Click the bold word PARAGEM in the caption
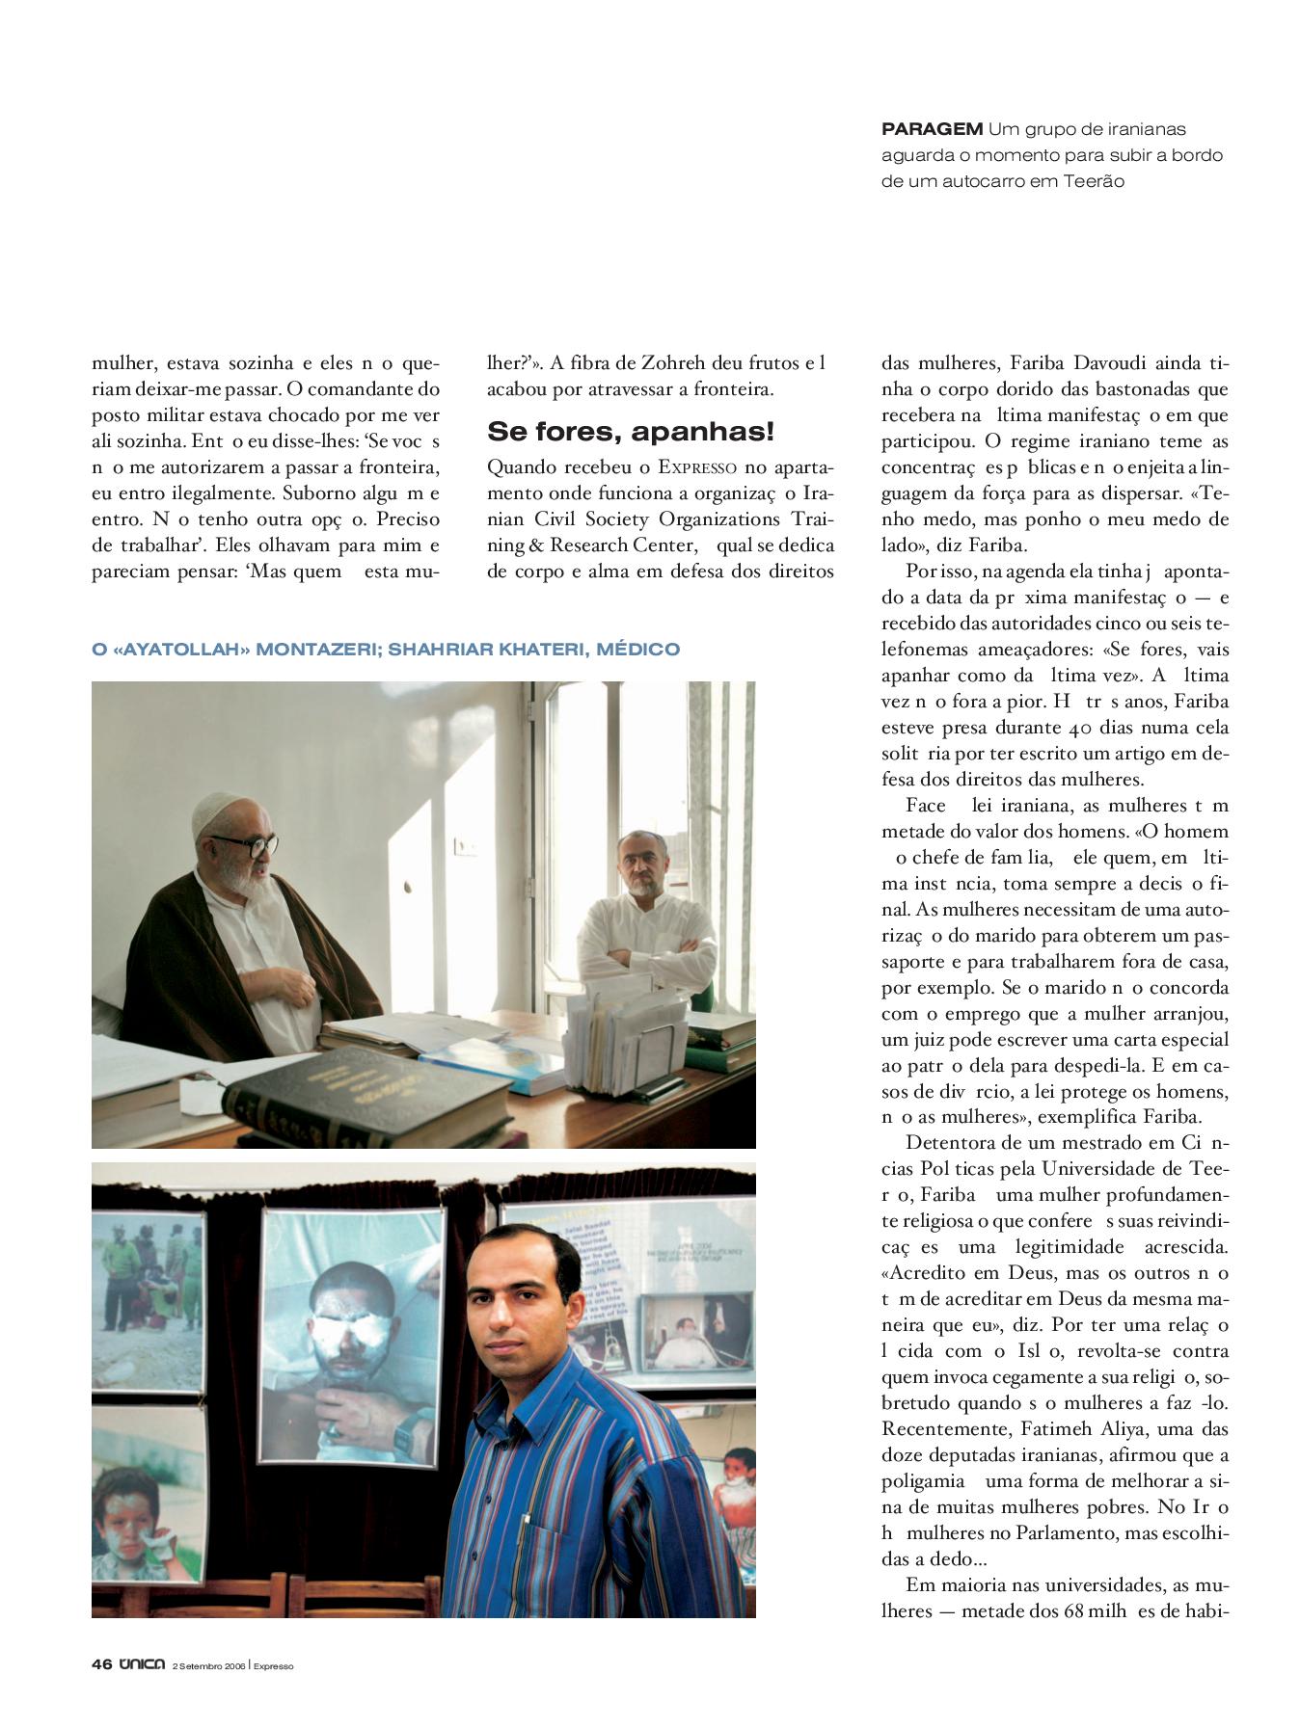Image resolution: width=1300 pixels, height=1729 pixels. [x=932, y=129]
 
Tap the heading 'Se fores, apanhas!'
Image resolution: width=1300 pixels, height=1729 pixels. [x=630, y=432]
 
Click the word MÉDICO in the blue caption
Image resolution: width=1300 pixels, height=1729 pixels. [x=638, y=650]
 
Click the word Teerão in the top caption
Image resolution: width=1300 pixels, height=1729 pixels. [x=1094, y=181]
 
